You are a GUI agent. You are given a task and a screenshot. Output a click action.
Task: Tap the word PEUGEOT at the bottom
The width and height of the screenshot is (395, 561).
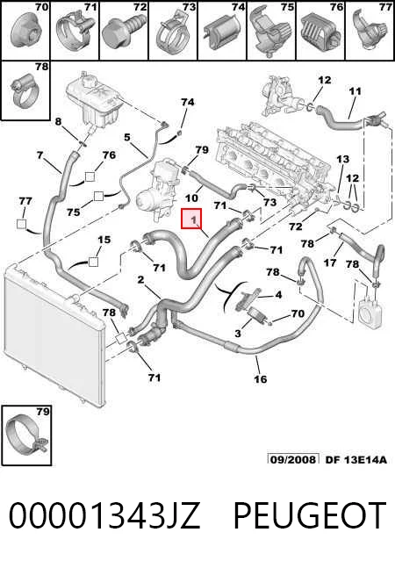coord(310,514)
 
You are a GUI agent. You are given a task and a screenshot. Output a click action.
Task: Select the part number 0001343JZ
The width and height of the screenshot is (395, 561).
coord(104,515)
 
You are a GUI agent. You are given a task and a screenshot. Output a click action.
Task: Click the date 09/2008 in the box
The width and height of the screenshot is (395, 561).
coord(293,459)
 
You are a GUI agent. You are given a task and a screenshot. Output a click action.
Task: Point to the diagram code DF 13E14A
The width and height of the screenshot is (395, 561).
coord(356,459)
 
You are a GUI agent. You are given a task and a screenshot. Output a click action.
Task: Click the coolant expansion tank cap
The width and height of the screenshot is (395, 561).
coord(87,81)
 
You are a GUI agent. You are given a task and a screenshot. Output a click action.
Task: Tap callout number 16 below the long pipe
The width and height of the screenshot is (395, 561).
coord(261,379)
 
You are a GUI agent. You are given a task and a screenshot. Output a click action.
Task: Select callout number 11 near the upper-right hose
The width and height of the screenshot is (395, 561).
coord(355,91)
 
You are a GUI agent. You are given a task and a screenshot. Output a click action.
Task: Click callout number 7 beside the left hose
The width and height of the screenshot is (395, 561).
coord(39,155)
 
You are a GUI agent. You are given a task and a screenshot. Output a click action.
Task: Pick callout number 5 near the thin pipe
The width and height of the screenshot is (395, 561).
coord(127,137)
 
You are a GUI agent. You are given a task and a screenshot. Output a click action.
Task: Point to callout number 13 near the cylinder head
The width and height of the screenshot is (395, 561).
coord(342,159)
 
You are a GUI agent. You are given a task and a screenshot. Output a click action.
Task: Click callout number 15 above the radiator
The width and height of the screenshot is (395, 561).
coord(104,240)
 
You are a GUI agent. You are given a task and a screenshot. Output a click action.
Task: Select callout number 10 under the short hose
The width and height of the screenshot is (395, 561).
coord(191,198)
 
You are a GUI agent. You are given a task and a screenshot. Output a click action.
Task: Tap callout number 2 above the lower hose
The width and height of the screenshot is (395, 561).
coord(140,279)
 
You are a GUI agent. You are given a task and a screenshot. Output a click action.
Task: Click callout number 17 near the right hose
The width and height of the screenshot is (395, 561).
coord(329,263)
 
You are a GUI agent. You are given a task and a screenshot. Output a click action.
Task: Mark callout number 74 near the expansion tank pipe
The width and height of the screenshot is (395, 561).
coord(188,103)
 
